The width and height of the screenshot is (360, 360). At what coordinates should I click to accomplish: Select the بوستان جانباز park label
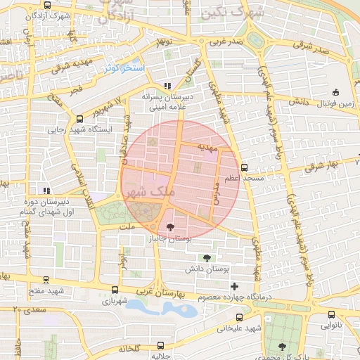click(169, 239)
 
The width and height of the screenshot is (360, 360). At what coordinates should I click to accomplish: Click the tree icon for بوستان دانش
click(206, 258)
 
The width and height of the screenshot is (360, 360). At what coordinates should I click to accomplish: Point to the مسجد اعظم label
click(244, 179)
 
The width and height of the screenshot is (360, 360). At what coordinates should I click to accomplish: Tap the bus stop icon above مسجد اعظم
click(244, 167)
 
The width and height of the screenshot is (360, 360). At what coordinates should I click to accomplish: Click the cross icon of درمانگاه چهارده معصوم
click(234, 285)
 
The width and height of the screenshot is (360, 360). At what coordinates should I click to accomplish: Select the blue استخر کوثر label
click(124, 68)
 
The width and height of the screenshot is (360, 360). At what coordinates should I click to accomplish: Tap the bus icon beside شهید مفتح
click(46, 279)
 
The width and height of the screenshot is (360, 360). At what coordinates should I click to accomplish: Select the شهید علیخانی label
click(239, 328)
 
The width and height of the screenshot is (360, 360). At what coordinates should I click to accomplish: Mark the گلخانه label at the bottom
click(131, 349)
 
